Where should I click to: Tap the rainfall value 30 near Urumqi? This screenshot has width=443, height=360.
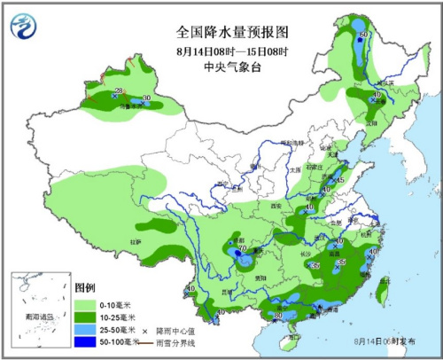[x=146, y=98]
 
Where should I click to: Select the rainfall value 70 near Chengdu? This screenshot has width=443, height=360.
[x=240, y=248]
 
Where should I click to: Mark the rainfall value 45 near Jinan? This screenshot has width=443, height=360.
[x=341, y=181]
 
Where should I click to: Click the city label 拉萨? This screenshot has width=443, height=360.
[x=136, y=240]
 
